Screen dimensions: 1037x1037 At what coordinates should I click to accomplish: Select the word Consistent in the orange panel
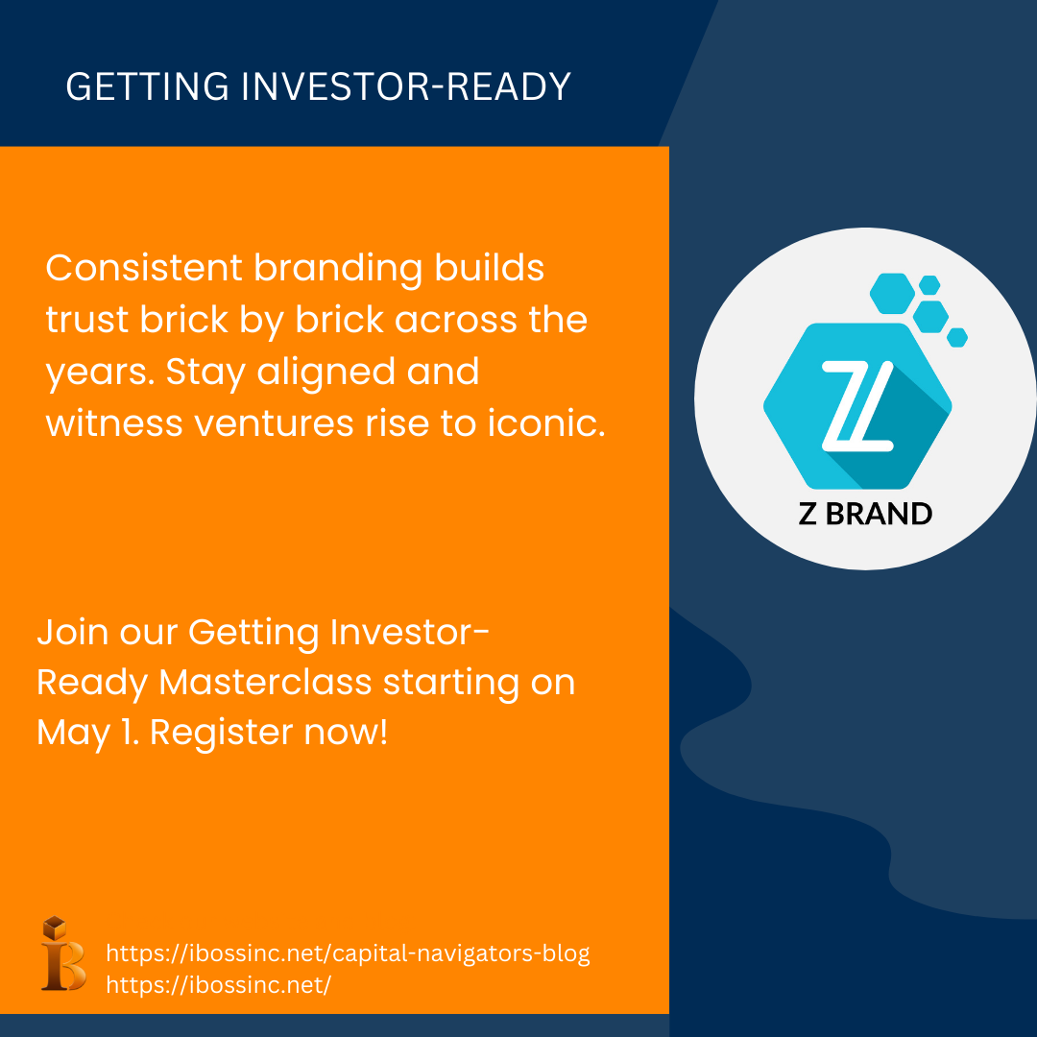point(144,268)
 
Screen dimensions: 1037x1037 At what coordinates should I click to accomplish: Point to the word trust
point(86,320)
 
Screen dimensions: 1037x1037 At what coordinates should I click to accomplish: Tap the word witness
point(113,423)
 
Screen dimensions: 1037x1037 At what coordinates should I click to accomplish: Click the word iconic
point(546,423)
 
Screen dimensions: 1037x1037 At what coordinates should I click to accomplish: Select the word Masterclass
point(265,682)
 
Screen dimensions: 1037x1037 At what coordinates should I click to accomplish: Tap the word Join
point(72,632)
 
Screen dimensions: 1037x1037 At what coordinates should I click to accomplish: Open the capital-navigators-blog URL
point(348,953)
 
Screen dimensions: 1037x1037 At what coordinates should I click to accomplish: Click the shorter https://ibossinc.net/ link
point(218,985)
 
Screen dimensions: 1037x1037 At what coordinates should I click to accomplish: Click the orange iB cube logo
point(63,953)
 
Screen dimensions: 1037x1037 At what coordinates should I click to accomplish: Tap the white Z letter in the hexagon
point(857,406)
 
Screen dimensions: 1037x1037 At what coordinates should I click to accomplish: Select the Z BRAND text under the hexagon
point(865,514)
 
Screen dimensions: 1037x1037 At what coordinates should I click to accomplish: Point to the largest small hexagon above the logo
point(892,293)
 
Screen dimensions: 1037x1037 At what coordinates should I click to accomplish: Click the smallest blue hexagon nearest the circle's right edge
point(957,337)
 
